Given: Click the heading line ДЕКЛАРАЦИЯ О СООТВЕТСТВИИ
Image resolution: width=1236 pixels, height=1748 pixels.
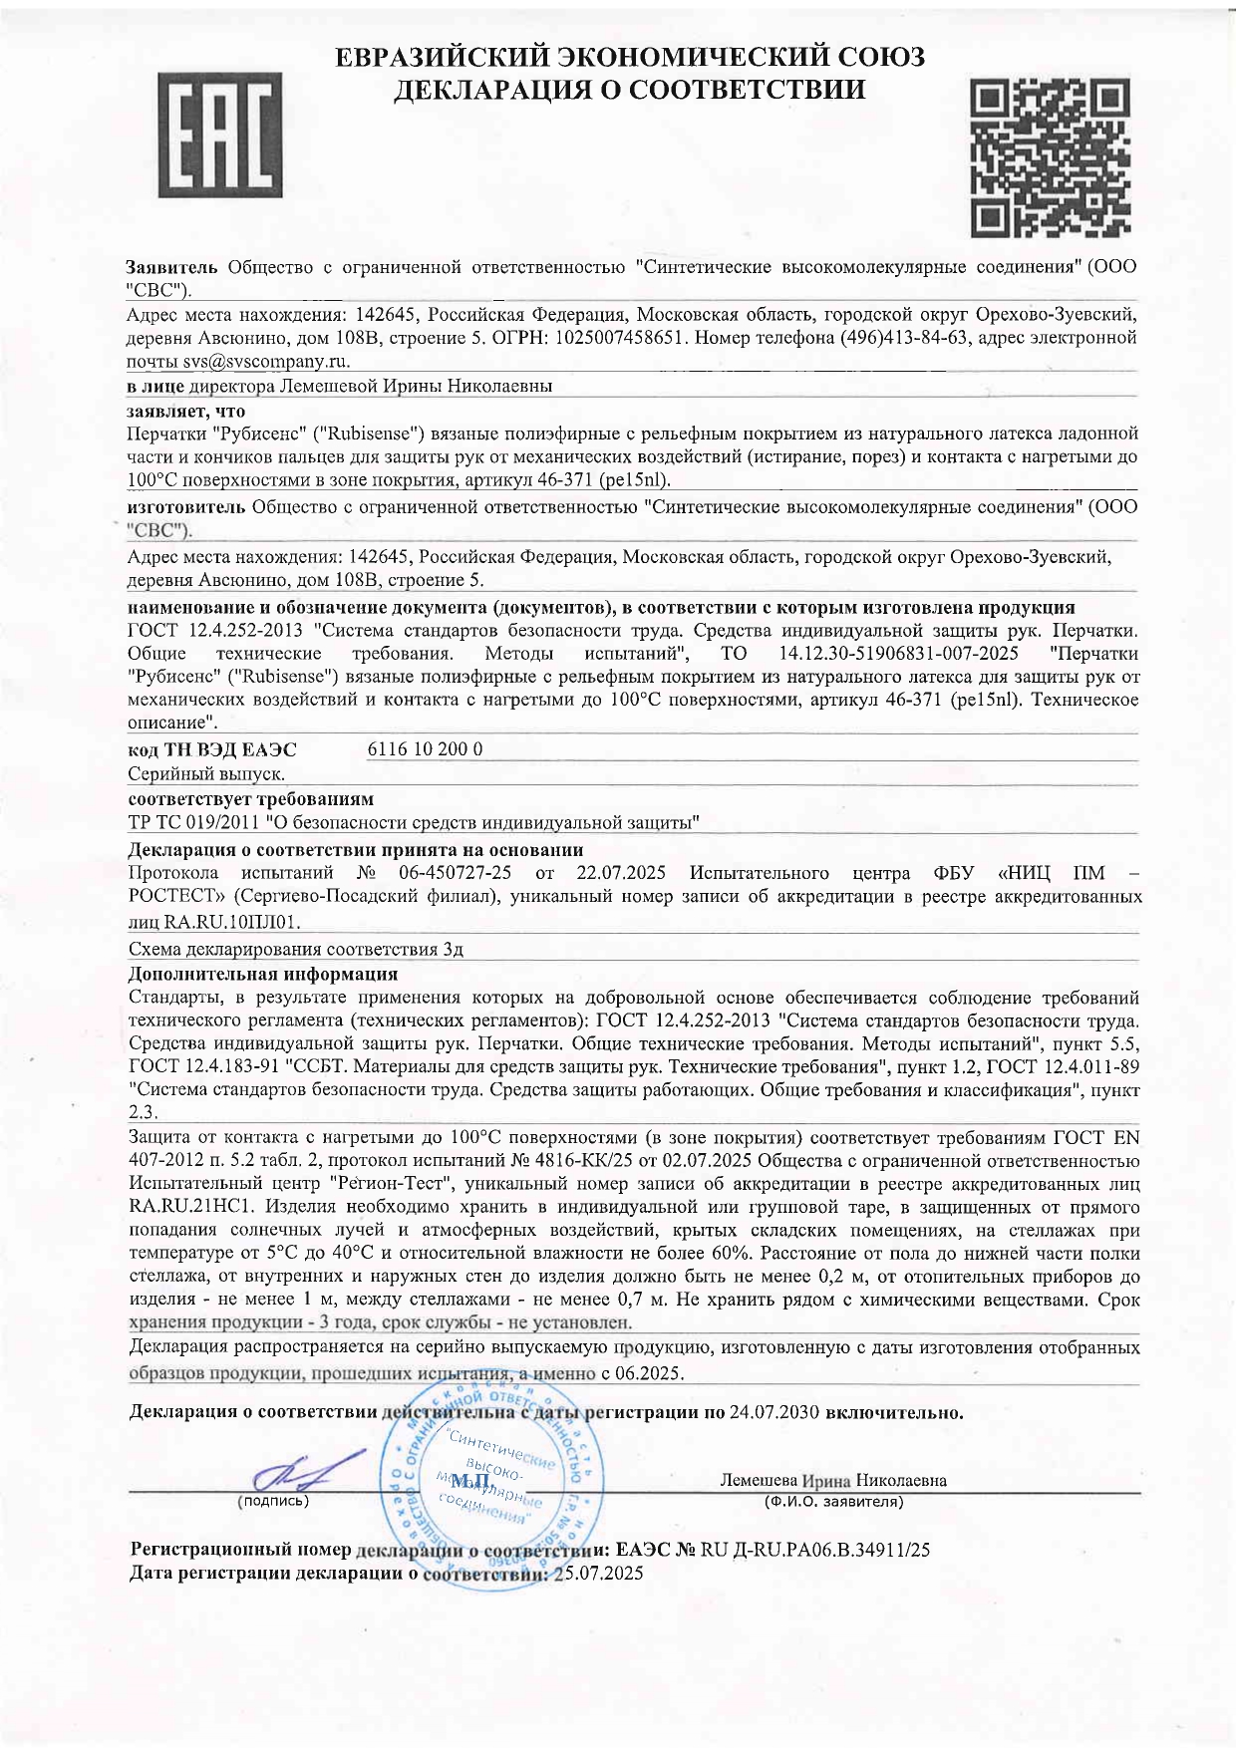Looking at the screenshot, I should [629, 91].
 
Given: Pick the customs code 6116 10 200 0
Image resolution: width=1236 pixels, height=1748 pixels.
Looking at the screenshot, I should [426, 749].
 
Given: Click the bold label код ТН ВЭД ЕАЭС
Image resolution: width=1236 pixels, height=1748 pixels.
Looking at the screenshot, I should [212, 749].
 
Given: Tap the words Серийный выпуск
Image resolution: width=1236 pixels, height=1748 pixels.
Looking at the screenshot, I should [207, 774].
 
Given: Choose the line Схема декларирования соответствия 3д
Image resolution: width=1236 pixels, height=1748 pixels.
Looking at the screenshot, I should [296, 949].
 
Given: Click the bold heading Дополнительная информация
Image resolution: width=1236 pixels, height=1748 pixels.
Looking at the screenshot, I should [263, 974].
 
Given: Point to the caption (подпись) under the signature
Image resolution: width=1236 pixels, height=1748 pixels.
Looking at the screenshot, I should [273, 1500].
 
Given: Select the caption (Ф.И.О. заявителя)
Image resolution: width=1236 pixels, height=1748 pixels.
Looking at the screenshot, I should [833, 1501].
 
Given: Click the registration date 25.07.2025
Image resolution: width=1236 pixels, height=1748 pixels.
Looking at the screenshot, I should [598, 1574].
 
